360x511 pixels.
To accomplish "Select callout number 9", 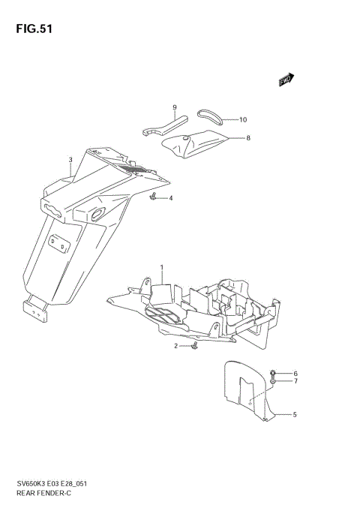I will click(x=175, y=107).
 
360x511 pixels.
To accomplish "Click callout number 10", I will click(x=243, y=119).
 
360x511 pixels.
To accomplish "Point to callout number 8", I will click(x=248, y=138).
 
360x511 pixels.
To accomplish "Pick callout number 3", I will click(x=70, y=160).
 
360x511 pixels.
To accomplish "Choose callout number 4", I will click(x=170, y=198).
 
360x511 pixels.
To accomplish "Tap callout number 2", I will click(x=175, y=346).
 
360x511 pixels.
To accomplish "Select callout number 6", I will click(x=295, y=374).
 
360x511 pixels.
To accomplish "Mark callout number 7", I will click(x=295, y=382).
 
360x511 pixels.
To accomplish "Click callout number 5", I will click(x=295, y=414).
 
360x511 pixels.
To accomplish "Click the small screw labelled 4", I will click(x=153, y=197).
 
